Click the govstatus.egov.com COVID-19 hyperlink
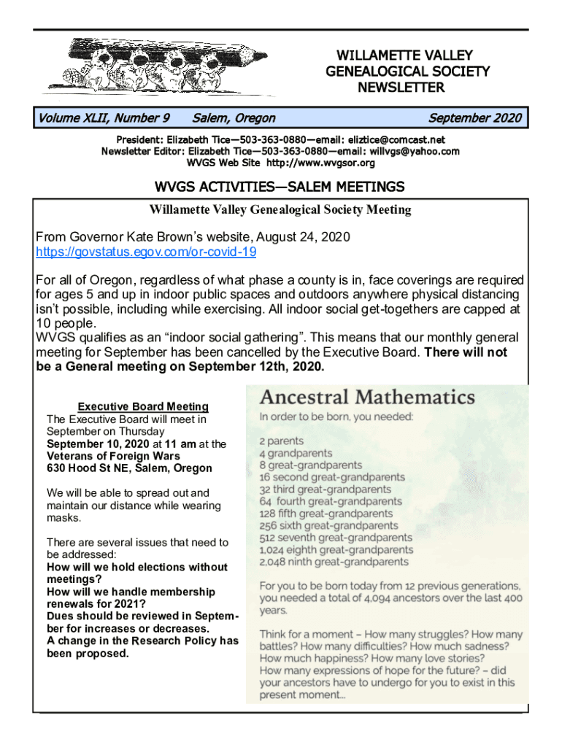click(x=146, y=253)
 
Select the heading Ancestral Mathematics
click(x=367, y=398)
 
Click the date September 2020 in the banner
click(x=474, y=118)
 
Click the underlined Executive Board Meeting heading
click(x=143, y=407)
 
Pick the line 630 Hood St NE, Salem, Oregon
click(x=129, y=468)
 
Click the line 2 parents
click(x=282, y=441)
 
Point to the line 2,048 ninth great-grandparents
click(x=334, y=562)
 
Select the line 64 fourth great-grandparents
click(x=330, y=502)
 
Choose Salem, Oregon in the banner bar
click(x=234, y=118)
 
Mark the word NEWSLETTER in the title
click(x=400, y=88)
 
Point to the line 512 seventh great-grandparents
click(x=335, y=538)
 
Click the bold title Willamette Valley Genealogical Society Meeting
click(x=280, y=210)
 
